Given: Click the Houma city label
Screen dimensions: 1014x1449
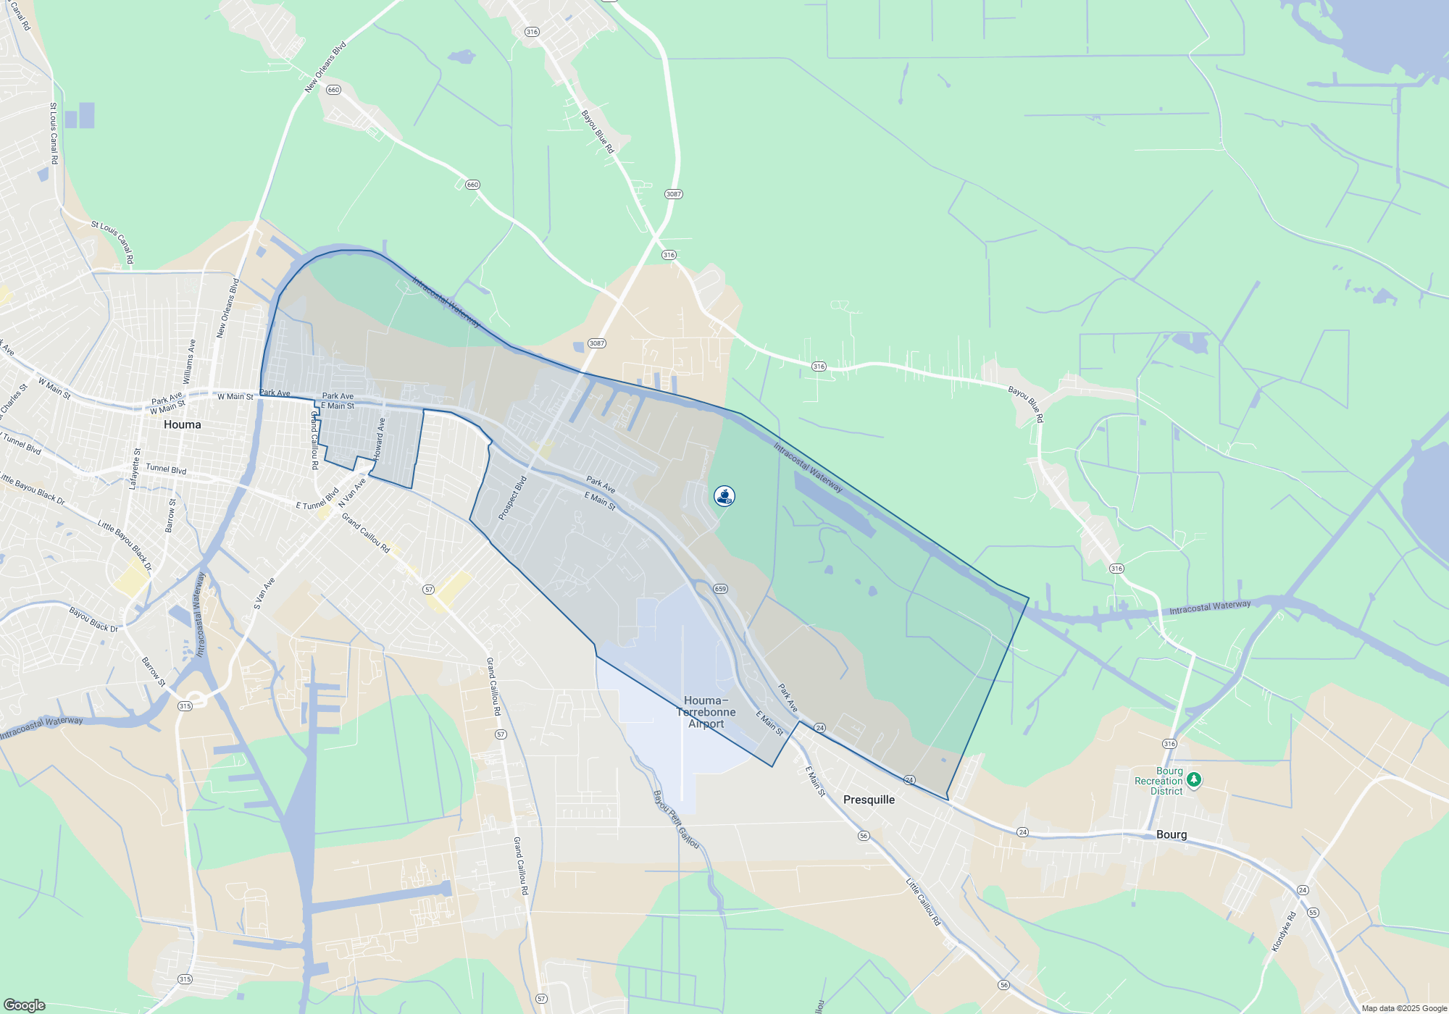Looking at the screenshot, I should (182, 424).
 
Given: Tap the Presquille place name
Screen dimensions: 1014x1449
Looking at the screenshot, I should (869, 800).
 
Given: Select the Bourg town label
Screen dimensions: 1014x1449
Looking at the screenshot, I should (1172, 834).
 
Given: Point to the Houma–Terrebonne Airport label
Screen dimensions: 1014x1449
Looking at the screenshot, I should (706, 712).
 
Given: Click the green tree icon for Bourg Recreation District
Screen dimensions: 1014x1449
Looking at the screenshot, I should (1194, 780).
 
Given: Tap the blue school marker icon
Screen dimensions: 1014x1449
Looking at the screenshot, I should (724, 496).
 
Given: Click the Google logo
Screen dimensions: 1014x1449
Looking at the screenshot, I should (24, 1005).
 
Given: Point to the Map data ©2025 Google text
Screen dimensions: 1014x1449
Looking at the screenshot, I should (1404, 1008).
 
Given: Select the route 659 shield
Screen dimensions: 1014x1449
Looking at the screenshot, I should (719, 589).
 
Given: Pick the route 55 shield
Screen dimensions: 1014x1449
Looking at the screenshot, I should (1314, 913).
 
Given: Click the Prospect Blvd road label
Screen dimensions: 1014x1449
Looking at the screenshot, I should (512, 498).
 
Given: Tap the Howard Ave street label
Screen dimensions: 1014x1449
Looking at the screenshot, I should (380, 438).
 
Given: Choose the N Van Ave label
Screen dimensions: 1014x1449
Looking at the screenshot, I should (352, 493).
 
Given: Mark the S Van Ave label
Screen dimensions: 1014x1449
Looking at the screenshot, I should (264, 593).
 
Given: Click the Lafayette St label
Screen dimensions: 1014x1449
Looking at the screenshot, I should (135, 469).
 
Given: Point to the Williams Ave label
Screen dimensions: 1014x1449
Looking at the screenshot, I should (188, 361).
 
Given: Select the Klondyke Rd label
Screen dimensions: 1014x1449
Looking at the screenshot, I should (1284, 931).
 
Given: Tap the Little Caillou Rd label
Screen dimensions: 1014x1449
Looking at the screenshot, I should (923, 902).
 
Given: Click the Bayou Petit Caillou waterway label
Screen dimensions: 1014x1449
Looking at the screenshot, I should (676, 819).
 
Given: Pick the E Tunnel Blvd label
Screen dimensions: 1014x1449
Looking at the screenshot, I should (317, 500).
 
